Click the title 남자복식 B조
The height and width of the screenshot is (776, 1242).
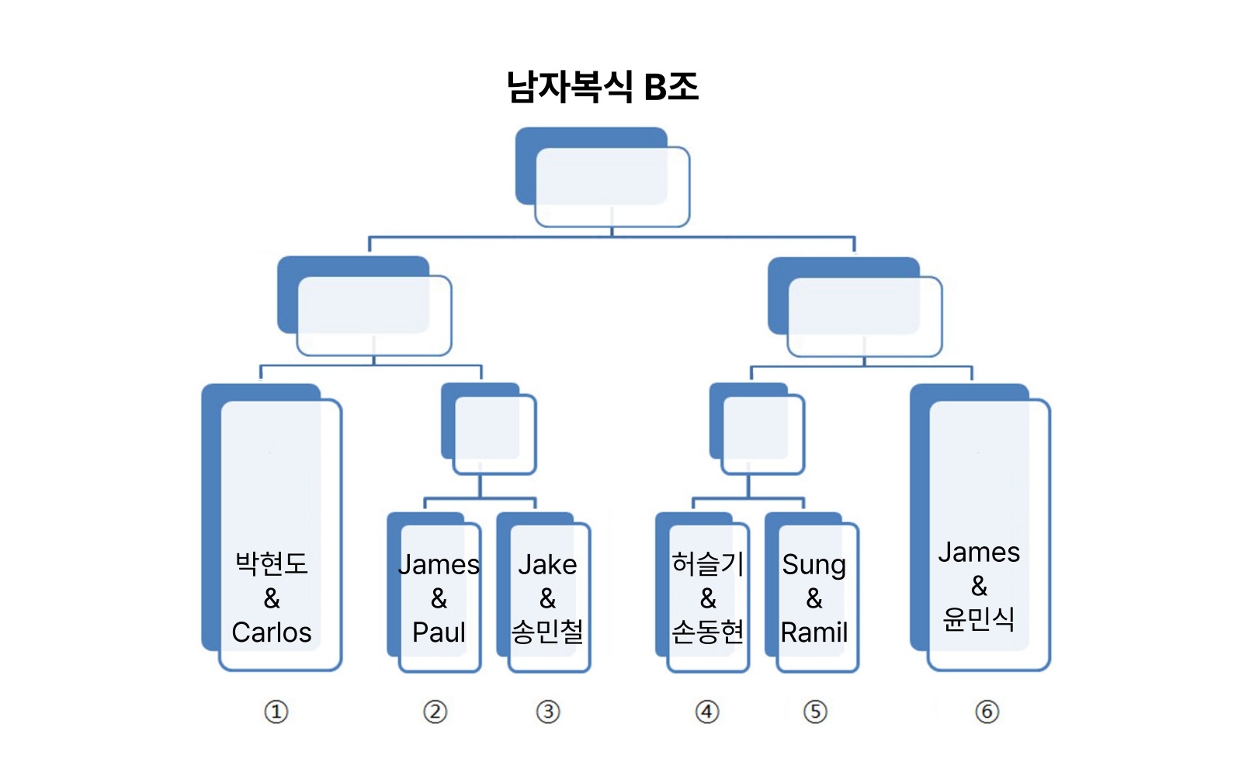(x=602, y=86)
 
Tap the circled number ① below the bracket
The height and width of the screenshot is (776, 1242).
(x=276, y=712)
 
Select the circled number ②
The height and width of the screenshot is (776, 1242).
(x=435, y=712)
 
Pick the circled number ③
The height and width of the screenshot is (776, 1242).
(x=548, y=712)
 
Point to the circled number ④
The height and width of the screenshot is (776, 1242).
(x=707, y=712)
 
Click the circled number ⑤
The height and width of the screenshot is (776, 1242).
(x=815, y=712)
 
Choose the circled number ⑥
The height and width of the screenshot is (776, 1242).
(x=987, y=712)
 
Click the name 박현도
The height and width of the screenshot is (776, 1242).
(x=272, y=564)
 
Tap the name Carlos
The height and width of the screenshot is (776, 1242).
(x=272, y=632)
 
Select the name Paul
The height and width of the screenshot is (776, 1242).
(x=439, y=632)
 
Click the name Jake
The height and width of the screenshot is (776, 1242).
(x=547, y=564)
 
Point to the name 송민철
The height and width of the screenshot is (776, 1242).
(x=547, y=632)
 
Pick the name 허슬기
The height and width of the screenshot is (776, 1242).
(x=707, y=564)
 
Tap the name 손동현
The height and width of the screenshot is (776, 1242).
(x=707, y=632)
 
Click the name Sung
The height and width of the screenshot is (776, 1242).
(x=814, y=566)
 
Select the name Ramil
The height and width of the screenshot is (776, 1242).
(x=814, y=632)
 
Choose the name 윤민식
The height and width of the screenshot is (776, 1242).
(x=979, y=618)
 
